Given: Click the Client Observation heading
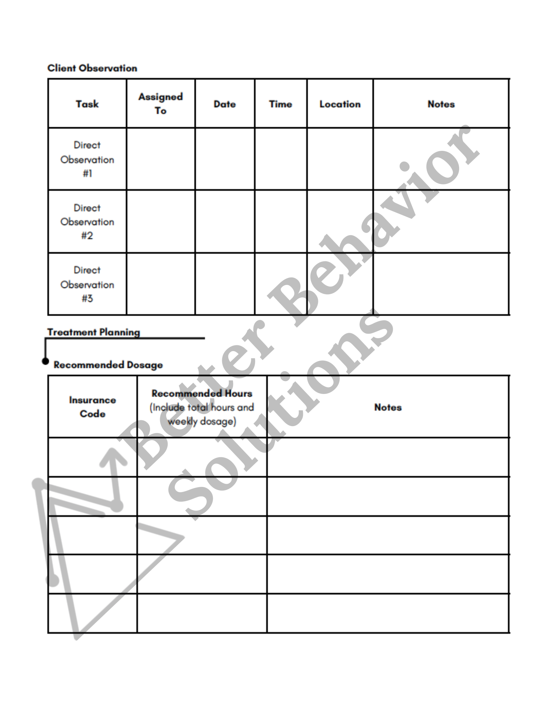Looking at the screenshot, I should (92, 68).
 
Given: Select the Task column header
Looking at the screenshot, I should (87, 104).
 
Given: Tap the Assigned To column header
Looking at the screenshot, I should (161, 104).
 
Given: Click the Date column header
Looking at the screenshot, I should (225, 104).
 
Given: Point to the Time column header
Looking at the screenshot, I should (280, 104).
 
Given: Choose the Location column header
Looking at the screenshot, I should (340, 104).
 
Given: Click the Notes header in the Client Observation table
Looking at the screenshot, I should (441, 104).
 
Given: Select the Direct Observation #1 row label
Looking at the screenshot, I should (87, 159).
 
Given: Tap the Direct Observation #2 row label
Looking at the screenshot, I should (87, 222).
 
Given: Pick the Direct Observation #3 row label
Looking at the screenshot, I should (87, 284).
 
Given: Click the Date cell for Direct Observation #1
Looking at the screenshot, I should (225, 159).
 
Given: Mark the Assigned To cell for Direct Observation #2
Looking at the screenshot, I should (161, 222).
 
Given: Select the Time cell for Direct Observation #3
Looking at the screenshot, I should (280, 284).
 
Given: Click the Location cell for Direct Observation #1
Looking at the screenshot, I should (340, 159).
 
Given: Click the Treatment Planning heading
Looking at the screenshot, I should (94, 332).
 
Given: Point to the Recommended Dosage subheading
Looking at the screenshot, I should (108, 365).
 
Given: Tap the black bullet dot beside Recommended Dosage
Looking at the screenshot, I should (45, 361).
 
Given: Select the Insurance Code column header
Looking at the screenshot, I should (93, 407).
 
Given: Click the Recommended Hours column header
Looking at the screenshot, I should (202, 393).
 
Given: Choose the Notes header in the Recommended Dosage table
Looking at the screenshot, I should (388, 407).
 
